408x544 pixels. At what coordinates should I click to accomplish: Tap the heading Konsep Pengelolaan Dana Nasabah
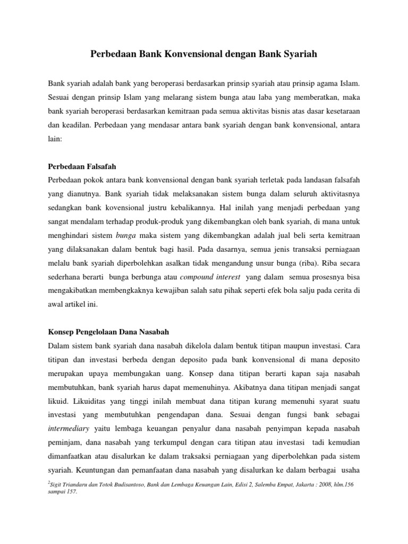(108, 332)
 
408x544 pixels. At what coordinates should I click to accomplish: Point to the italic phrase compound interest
(210, 277)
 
